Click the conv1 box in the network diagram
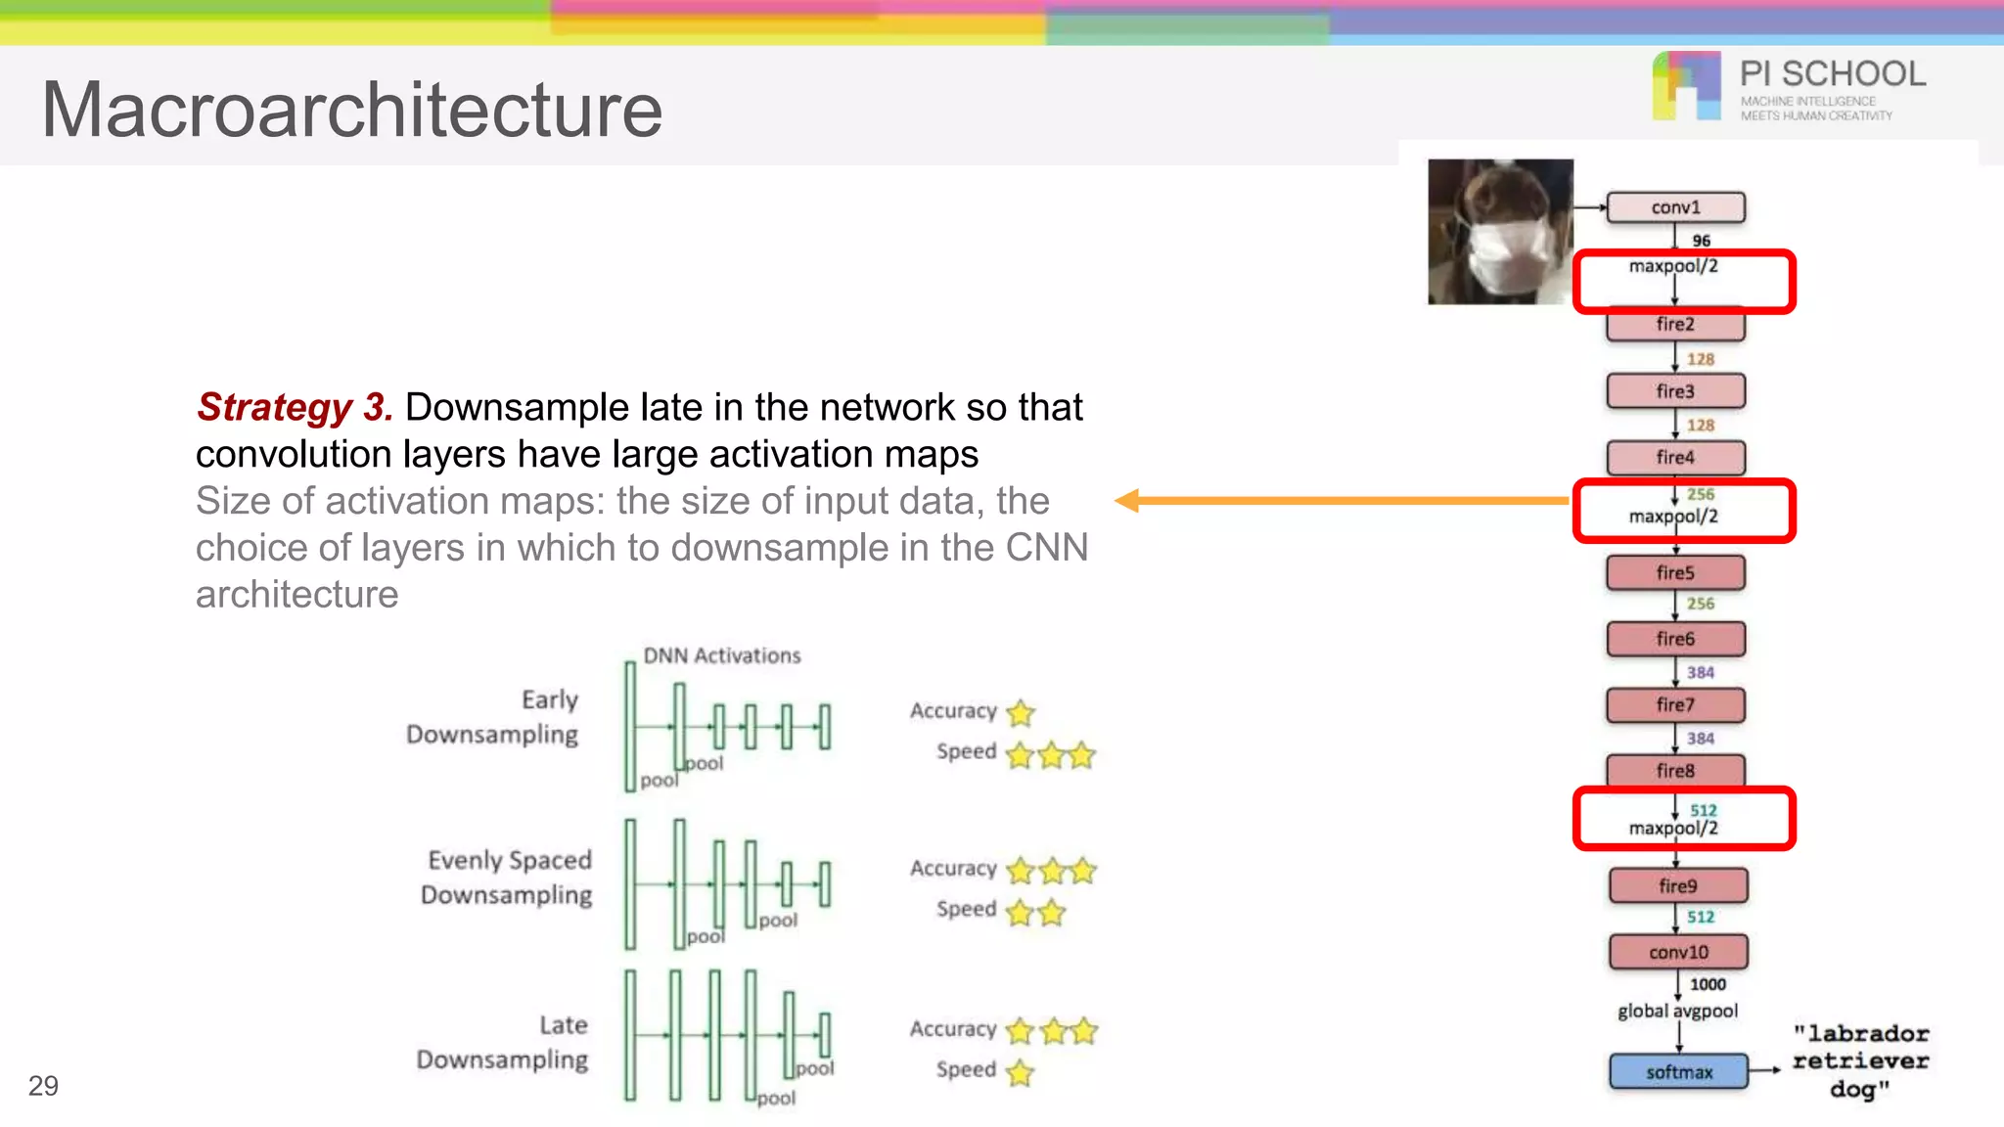click(1675, 207)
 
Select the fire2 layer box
click(1675, 325)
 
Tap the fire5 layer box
click(1675, 573)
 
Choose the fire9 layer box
click(1678, 886)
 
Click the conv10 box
click(1678, 952)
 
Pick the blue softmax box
click(1678, 1072)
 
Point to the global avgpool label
click(1677, 1012)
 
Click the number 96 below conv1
click(1702, 241)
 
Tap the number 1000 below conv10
click(1708, 984)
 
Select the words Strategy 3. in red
click(295, 407)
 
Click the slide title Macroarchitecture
click(352, 110)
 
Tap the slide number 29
click(43, 1086)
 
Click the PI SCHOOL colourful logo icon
click(1686, 86)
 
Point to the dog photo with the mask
click(1500, 232)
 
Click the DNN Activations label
click(722, 655)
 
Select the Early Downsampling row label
click(492, 717)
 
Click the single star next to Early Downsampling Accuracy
click(1021, 713)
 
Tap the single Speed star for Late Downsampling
click(1020, 1073)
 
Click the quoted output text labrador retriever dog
click(1860, 1061)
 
